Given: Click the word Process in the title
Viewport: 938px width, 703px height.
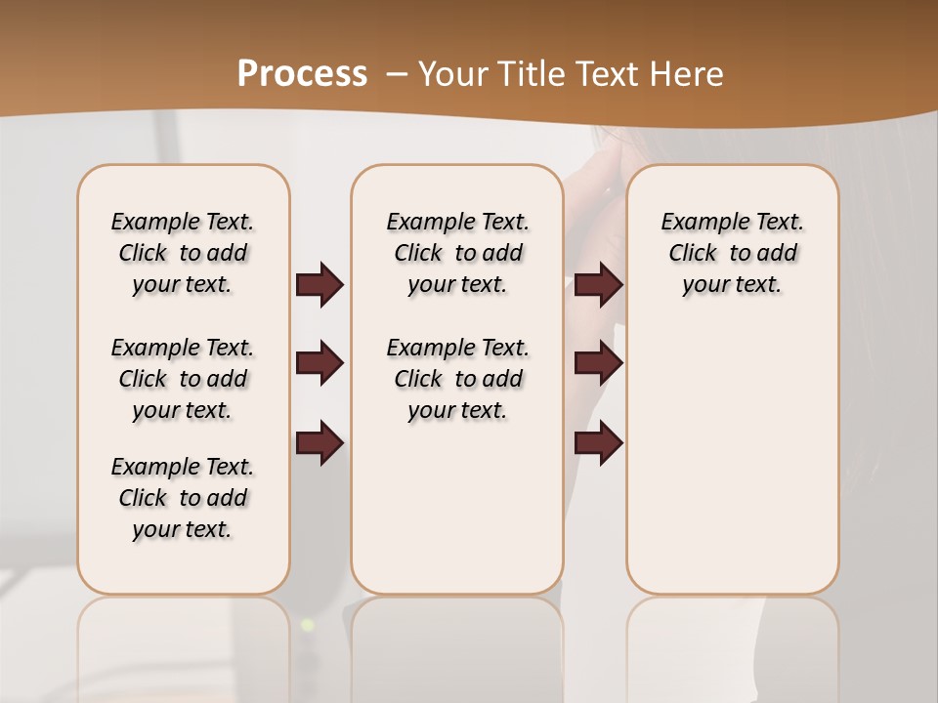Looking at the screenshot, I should click(302, 73).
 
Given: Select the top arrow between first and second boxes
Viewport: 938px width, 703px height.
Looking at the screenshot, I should click(320, 285).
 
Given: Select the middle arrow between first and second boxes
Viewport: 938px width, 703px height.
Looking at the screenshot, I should click(320, 364).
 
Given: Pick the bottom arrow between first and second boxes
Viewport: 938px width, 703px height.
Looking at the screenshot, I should click(320, 443).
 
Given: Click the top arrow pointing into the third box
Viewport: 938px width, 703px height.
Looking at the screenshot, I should click(598, 285).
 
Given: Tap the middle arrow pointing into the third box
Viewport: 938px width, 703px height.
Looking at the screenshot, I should click(598, 364).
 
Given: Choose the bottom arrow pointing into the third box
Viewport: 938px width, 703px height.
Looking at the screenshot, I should click(598, 443).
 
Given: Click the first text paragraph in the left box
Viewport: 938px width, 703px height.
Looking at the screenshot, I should click(183, 253).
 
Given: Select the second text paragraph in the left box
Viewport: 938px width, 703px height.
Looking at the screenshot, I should click(183, 379).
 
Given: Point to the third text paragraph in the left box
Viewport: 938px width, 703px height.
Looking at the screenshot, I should click(183, 498).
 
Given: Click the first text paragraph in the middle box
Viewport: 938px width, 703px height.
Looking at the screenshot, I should click(457, 253).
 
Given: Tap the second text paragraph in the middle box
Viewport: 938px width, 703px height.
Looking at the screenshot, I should click(457, 379).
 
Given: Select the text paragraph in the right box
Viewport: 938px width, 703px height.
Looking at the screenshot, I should click(732, 253).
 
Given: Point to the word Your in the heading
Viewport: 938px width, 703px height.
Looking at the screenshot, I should click(453, 73).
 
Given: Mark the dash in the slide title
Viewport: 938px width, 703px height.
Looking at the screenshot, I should click(397, 74).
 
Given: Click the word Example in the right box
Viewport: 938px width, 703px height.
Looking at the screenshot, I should click(697, 223).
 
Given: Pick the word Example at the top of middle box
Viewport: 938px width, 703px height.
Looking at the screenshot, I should click(422, 223).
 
